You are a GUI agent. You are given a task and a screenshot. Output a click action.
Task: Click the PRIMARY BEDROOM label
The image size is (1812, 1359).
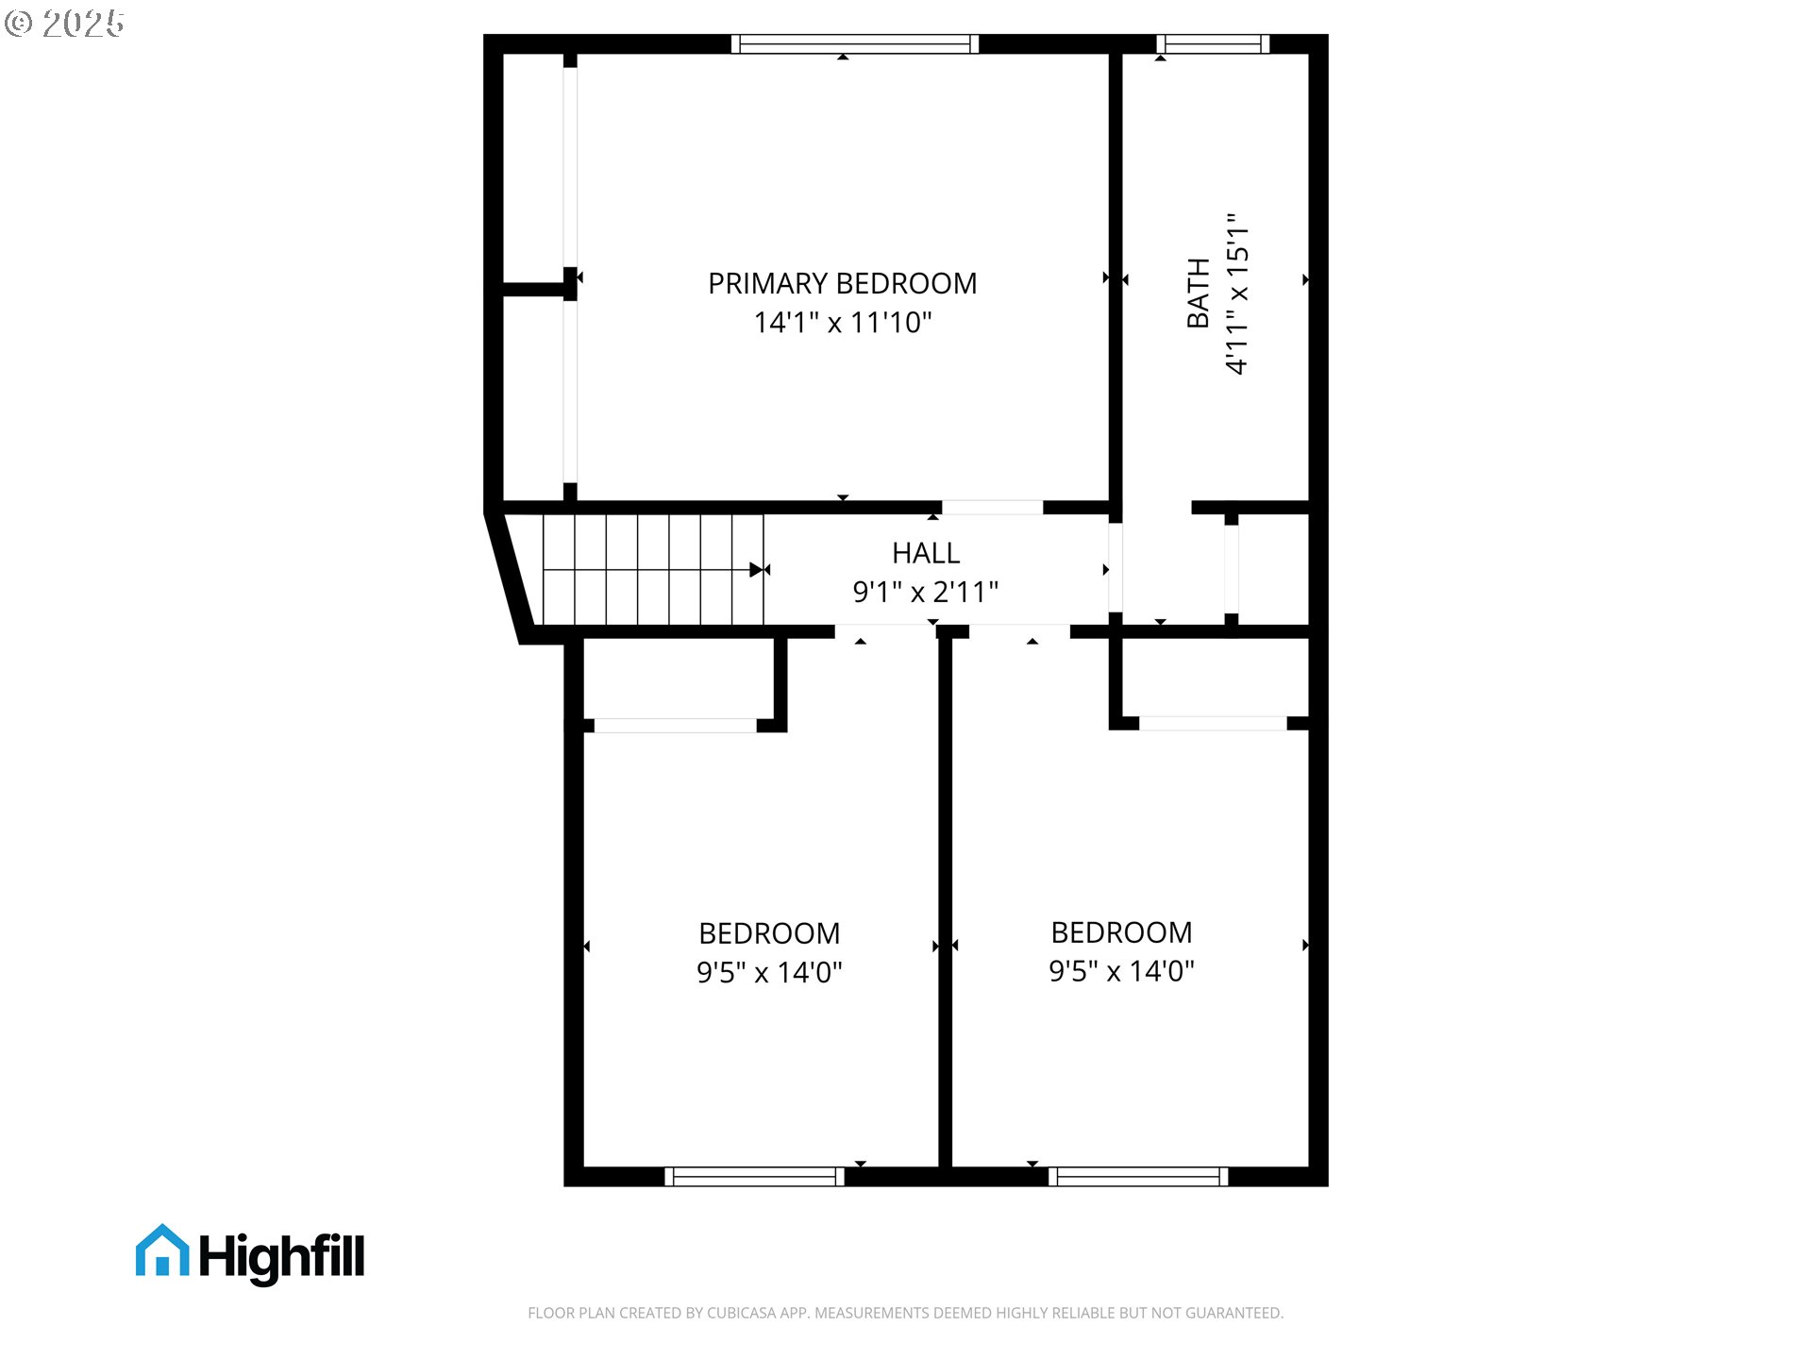tap(842, 283)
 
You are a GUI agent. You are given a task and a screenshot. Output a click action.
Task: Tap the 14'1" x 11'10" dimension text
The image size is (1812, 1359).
tap(842, 323)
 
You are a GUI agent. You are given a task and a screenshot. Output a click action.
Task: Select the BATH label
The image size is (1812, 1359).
tap(1198, 293)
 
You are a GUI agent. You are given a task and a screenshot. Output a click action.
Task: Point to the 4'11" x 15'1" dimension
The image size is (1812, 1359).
tap(1237, 294)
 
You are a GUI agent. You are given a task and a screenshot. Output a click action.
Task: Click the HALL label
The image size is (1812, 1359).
tap(926, 553)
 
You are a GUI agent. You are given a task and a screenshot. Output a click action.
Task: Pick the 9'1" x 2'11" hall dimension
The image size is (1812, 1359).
tap(926, 592)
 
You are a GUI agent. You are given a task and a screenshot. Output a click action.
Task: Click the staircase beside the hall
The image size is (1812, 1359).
tap(652, 569)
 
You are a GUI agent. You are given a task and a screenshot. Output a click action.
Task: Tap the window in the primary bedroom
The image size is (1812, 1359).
tap(854, 43)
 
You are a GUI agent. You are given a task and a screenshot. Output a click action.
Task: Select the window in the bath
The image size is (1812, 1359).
tap(1213, 43)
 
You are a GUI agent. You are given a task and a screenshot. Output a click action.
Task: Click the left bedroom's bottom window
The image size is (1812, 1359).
tap(754, 1176)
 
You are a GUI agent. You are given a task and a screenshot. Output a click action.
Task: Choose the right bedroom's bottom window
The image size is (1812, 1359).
tap(1138, 1176)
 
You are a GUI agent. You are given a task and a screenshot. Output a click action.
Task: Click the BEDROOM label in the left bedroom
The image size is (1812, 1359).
tap(769, 933)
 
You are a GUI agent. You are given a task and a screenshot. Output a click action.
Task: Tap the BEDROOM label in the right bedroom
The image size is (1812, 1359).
tap(1121, 932)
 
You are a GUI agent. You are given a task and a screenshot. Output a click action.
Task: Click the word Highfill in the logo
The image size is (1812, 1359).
tap(281, 1257)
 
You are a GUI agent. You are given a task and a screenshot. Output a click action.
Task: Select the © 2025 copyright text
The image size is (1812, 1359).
tap(64, 24)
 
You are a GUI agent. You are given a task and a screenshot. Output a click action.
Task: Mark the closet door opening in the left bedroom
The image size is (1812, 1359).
tap(675, 725)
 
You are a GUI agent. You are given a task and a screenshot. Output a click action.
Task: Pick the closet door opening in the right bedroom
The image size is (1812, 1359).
tap(1213, 723)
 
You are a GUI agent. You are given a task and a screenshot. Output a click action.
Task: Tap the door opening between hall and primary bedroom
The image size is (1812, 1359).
tap(992, 508)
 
